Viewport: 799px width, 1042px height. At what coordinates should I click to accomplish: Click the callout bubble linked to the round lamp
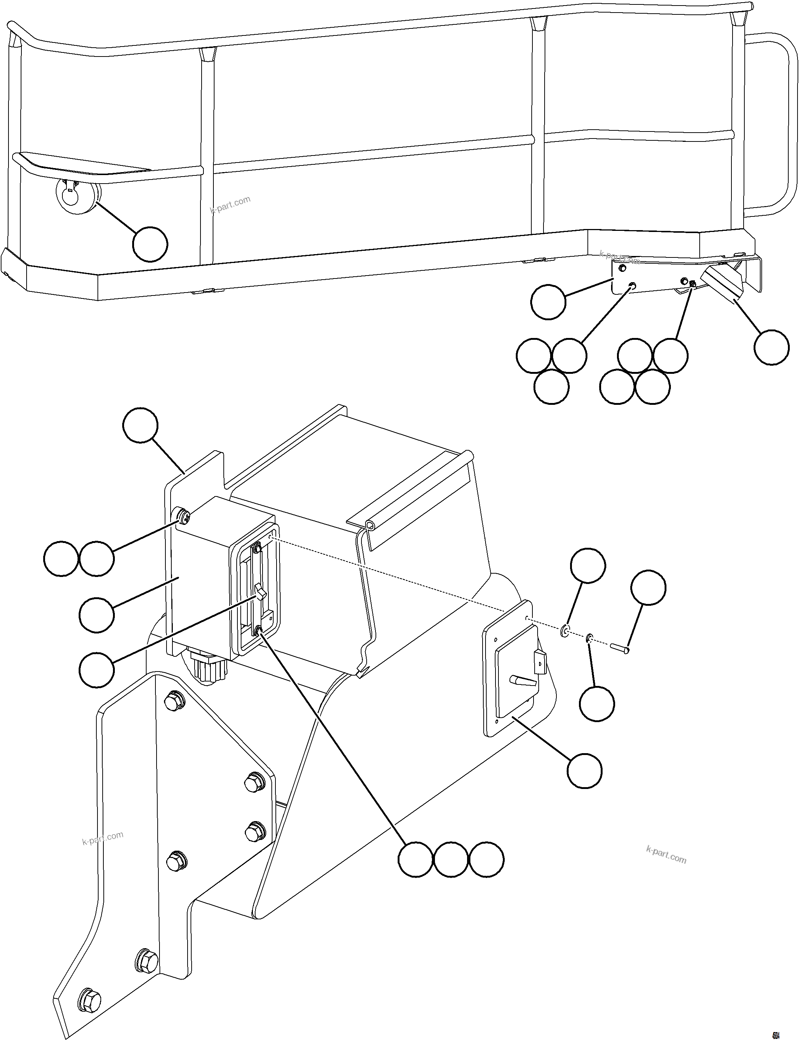coord(150,244)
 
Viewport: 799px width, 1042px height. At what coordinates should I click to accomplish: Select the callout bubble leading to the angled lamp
coord(771,347)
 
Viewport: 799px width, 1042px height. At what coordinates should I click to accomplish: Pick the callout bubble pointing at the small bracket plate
coord(548,302)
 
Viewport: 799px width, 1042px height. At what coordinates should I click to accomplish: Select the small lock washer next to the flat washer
coord(589,638)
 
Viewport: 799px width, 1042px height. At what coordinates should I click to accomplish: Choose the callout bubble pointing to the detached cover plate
coord(584,771)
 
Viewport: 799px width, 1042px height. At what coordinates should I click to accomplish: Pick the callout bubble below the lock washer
coord(597,704)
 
